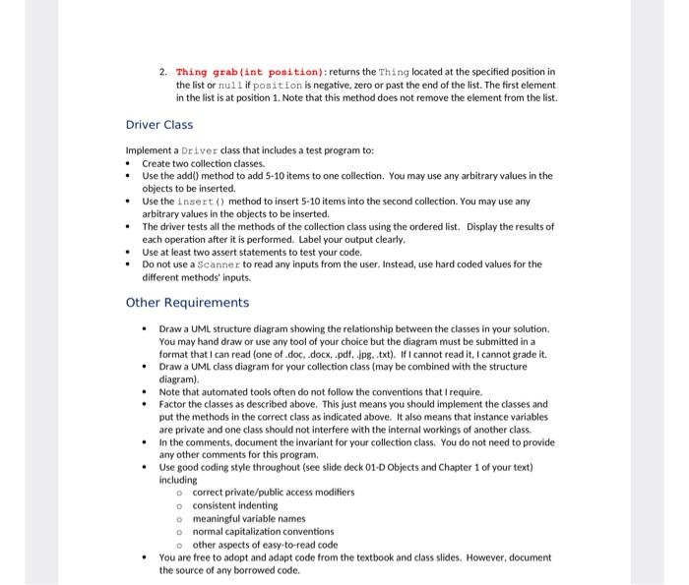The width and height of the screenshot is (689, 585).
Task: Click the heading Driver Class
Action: click(x=159, y=125)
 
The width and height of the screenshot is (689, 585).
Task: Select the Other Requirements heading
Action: click(x=187, y=303)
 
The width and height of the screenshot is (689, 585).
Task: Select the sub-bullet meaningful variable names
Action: click(x=248, y=518)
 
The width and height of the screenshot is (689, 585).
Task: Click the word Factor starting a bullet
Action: click(x=174, y=404)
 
